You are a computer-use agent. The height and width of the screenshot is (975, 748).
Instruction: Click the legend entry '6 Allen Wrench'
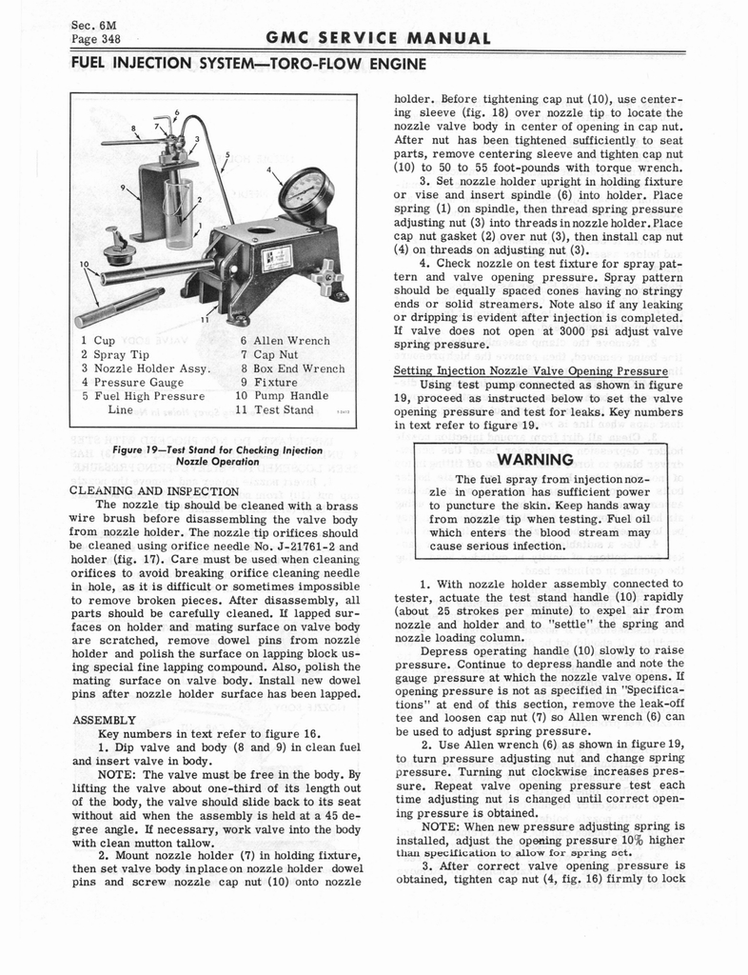click(285, 341)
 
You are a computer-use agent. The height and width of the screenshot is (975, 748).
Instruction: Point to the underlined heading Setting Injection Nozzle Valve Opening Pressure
click(531, 369)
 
